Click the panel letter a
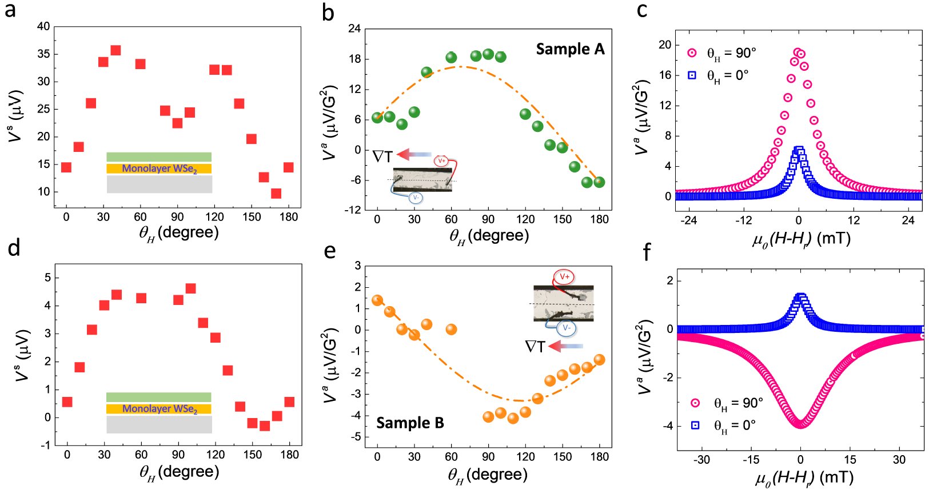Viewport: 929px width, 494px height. click(x=10, y=10)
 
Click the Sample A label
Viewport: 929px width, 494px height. click(x=569, y=50)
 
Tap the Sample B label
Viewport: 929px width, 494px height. click(x=410, y=423)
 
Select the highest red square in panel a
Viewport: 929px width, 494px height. click(x=115, y=51)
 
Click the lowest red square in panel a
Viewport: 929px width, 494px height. click(x=276, y=194)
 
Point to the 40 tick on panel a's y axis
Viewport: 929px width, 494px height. click(x=43, y=26)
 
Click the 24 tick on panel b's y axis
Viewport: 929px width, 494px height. click(x=354, y=29)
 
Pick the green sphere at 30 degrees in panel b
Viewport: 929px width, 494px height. click(x=414, y=113)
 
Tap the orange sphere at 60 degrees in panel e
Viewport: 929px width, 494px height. click(x=451, y=330)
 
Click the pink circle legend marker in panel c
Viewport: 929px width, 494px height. click(x=692, y=53)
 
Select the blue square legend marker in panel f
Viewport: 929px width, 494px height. click(x=696, y=425)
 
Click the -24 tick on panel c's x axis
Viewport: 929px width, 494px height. click(x=689, y=220)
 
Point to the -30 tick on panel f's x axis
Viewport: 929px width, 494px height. click(x=701, y=460)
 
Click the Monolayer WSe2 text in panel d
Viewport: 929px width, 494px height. click(x=160, y=409)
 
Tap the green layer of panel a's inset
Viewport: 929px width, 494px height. click(x=159, y=157)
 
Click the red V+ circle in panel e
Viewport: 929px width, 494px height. click(x=564, y=278)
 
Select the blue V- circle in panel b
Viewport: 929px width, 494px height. click(x=416, y=198)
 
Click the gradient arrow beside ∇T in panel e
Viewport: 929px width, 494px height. click(x=565, y=346)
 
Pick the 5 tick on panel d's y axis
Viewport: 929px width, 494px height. click(x=47, y=278)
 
